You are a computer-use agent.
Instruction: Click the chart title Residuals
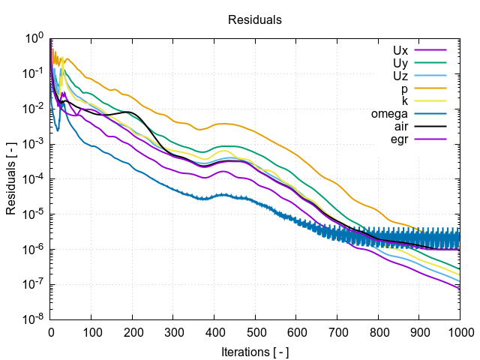tap(255, 20)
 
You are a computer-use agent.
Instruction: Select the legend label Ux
tap(400, 50)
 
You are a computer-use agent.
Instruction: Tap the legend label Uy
tap(400, 63)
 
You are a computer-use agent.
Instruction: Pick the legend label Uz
tap(400, 76)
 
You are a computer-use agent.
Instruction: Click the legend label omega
tap(389, 114)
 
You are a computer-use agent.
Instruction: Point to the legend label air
tap(401, 127)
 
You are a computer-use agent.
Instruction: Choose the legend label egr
tap(399, 139)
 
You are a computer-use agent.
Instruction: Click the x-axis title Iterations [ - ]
tap(255, 351)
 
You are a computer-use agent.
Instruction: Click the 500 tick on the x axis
tap(256, 331)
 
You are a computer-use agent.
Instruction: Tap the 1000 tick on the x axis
tap(459, 331)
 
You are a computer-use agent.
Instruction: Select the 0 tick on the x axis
tap(51, 331)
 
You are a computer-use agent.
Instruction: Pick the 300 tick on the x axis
tap(174, 331)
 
